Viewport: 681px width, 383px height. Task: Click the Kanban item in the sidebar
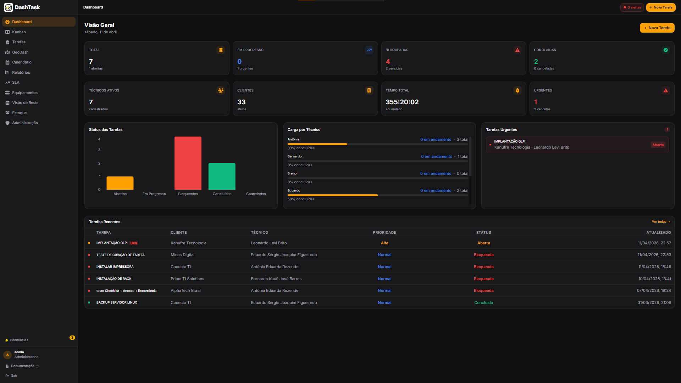(19, 32)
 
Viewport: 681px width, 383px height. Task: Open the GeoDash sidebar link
(20, 52)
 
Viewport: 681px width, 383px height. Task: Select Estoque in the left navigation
(19, 113)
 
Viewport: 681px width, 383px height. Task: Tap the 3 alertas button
(632, 7)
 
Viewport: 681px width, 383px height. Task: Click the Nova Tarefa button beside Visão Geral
(657, 28)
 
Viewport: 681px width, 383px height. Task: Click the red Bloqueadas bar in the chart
(188, 163)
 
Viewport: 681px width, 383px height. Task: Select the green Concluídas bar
(222, 176)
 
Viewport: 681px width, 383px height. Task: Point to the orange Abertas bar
(120, 183)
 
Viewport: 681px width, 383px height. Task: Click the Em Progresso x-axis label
(154, 194)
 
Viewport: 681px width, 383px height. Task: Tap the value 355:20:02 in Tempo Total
(402, 102)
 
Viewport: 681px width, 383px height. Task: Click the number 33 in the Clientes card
(241, 102)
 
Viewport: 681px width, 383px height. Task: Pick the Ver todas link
(660, 222)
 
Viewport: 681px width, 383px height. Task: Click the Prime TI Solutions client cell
(187, 279)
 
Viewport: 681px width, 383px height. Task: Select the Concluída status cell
(483, 302)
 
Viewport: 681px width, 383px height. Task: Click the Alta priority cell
(384, 243)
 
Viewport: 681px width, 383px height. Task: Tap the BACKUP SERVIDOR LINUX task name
(116, 302)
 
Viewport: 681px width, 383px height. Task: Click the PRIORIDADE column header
(384, 233)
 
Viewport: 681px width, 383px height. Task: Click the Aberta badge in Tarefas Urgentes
(658, 145)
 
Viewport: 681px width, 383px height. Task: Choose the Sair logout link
(14, 376)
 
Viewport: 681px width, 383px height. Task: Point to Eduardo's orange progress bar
(332, 195)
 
